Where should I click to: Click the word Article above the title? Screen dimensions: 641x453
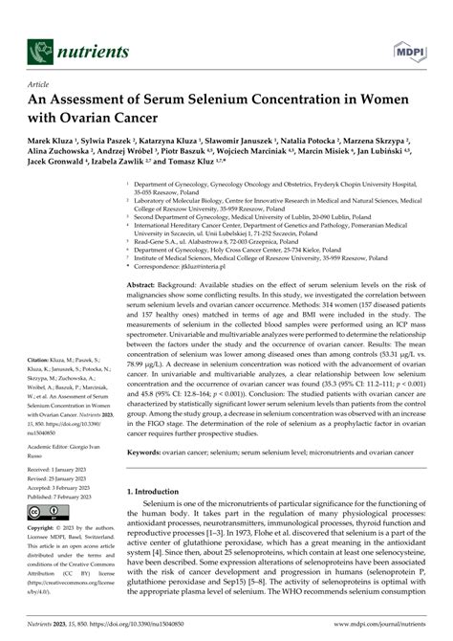coord(29,84)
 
